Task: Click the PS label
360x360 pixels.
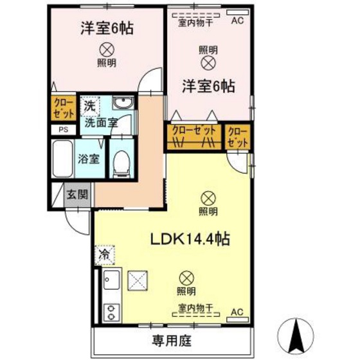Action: [x=63, y=129]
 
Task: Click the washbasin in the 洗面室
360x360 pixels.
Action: [x=122, y=104]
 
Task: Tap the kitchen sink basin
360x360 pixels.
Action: [x=110, y=280]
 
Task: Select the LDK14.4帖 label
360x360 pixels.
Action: [x=190, y=239]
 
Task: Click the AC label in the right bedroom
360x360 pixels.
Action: [x=237, y=21]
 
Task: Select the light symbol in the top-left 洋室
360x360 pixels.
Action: [x=107, y=49]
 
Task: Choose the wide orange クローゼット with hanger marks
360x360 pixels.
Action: [x=194, y=136]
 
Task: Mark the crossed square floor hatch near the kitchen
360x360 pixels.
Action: [x=138, y=280]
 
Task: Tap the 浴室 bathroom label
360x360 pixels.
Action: [x=89, y=158]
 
